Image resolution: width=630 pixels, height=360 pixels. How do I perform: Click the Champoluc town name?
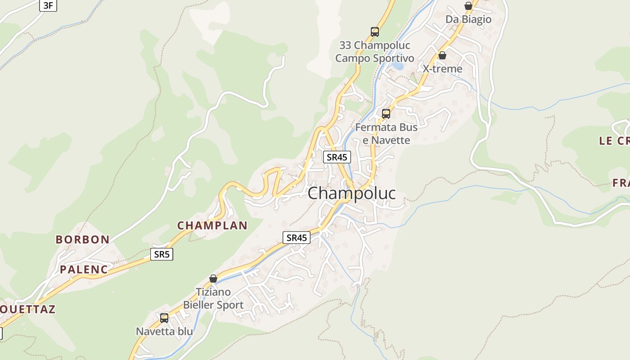[x=352, y=193]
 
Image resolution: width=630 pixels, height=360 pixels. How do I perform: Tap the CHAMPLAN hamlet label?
[x=212, y=225]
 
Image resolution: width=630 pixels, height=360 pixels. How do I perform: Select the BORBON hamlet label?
[x=83, y=239]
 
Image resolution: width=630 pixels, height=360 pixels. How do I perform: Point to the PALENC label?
[x=84, y=270]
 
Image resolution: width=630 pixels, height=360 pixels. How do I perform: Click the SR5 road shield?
[x=162, y=254]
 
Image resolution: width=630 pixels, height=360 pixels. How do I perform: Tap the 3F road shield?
[x=48, y=6]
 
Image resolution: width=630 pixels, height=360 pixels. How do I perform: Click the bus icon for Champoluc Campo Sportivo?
[x=375, y=32]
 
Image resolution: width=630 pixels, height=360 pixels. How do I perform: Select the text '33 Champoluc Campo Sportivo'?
[x=375, y=52]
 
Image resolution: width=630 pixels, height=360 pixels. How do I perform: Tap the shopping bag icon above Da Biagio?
[x=468, y=6]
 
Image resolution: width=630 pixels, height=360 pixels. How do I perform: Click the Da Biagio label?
[x=468, y=20]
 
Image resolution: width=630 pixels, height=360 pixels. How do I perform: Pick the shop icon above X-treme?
[x=442, y=55]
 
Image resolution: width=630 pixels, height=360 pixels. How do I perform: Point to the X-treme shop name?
[x=442, y=69]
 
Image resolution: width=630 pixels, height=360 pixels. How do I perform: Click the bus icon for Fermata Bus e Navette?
[x=386, y=114]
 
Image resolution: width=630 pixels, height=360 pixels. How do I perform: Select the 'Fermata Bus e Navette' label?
[x=387, y=134]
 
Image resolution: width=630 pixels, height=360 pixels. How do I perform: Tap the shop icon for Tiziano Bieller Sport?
[x=213, y=279]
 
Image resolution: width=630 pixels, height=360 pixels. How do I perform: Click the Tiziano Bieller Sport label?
[x=213, y=298]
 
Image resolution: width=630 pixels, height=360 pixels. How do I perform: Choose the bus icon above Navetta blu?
[x=164, y=318]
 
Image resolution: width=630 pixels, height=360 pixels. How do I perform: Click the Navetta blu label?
[x=164, y=332]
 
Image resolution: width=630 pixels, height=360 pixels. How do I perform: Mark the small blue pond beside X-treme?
[x=398, y=66]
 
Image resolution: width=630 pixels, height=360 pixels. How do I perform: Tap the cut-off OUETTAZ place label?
[x=28, y=309]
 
